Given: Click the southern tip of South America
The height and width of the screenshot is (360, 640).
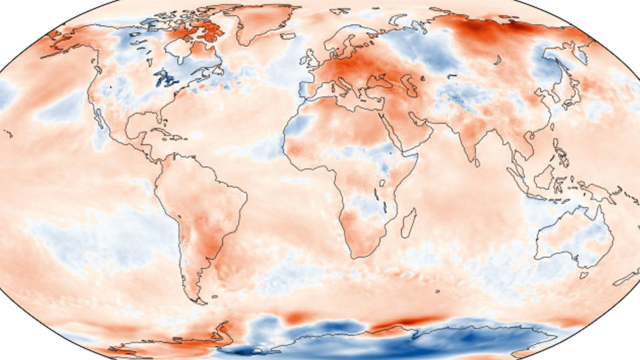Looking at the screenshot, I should [x=197, y=299].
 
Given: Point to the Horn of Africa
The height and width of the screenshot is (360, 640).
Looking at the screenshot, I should [x=414, y=158].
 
